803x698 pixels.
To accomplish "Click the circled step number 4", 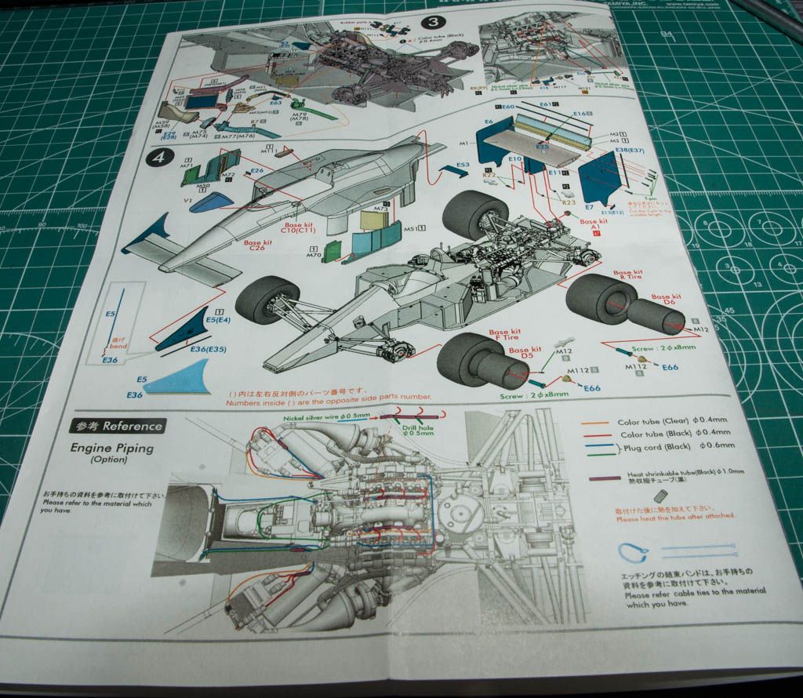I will [x=160, y=157].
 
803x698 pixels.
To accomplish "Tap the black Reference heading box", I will [x=118, y=426].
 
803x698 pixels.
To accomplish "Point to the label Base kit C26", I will [x=257, y=247].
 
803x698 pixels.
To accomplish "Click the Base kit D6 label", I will [x=667, y=301].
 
